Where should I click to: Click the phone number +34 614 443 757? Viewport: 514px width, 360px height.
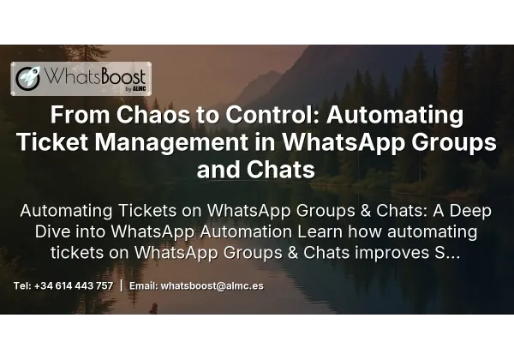[x=74, y=286]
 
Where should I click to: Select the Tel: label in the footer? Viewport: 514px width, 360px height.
[x=23, y=286]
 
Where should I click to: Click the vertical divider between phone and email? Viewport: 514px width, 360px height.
[x=121, y=285]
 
